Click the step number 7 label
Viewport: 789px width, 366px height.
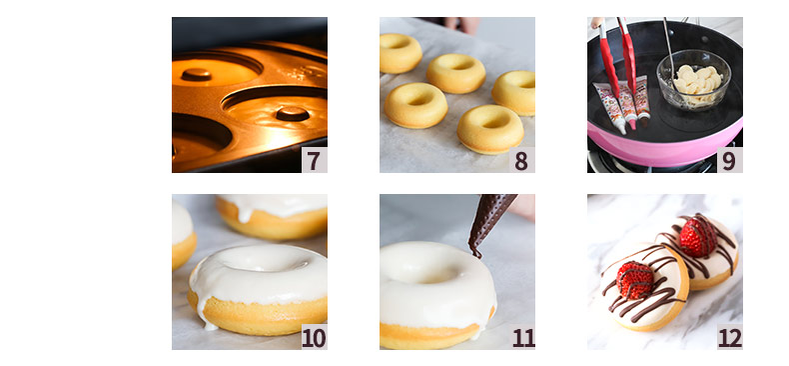coord(314,160)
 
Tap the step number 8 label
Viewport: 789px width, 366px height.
coord(521,160)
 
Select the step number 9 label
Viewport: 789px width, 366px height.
coord(729,160)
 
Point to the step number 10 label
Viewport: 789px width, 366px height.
coord(314,337)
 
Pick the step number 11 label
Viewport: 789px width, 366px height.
coord(522,337)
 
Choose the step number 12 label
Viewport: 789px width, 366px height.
coord(730,337)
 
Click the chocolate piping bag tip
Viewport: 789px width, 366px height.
coord(476,252)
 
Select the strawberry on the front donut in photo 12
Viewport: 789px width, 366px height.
coord(634,280)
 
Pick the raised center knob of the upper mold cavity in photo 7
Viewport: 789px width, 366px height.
coord(196,74)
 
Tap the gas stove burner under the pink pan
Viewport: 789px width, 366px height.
coord(654,164)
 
